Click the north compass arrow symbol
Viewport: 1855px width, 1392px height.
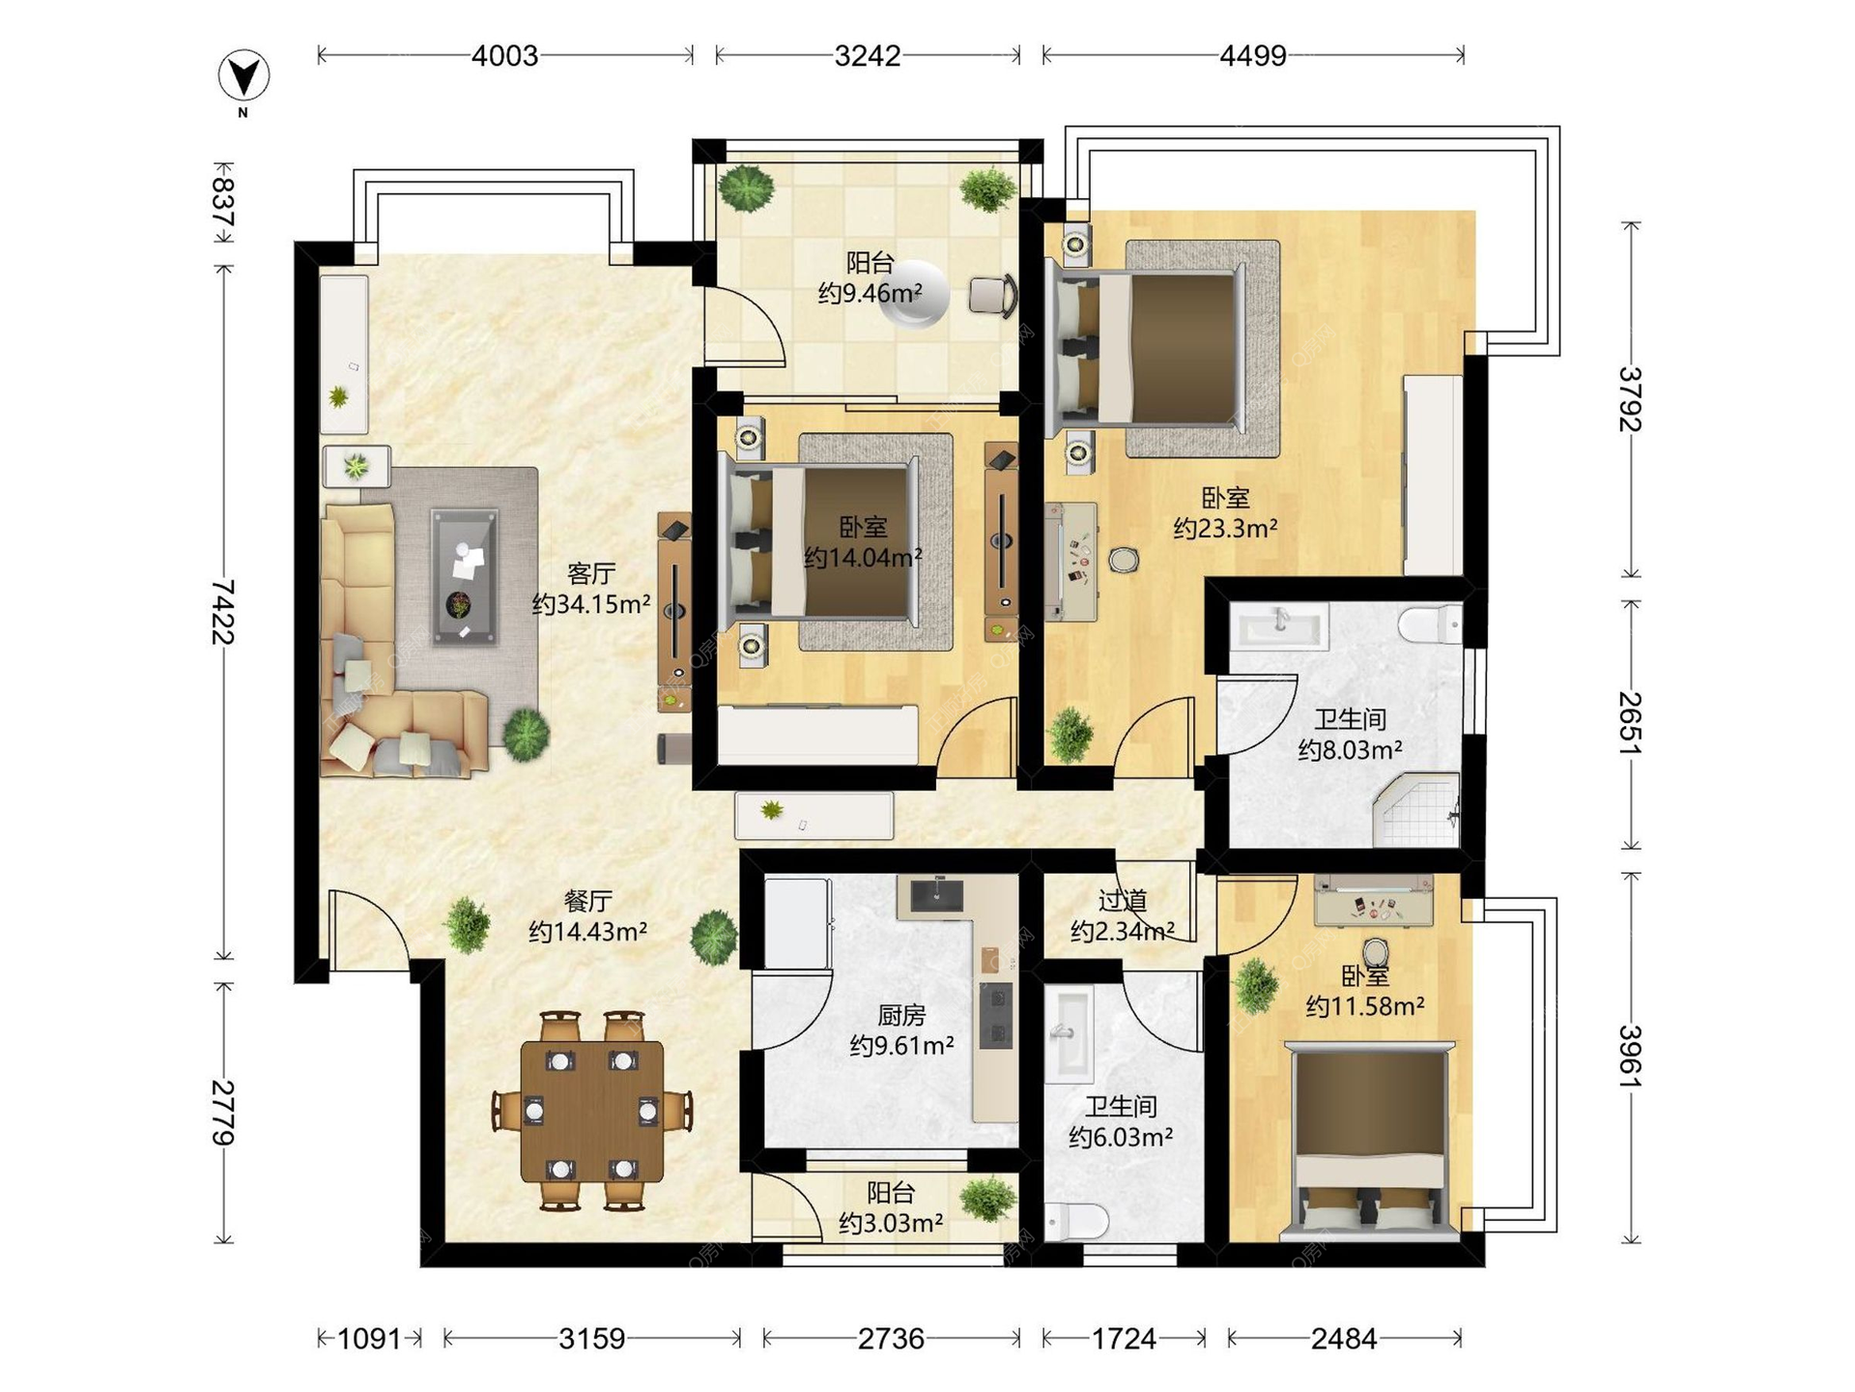click(x=243, y=76)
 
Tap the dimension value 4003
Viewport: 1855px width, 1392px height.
click(x=504, y=56)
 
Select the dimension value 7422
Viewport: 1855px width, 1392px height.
click(x=223, y=611)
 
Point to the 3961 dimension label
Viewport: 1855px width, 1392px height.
click(x=1631, y=1056)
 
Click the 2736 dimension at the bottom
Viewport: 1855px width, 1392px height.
click(x=891, y=1339)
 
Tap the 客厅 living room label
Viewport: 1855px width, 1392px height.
click(x=591, y=573)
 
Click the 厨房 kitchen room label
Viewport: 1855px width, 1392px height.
click(x=901, y=1015)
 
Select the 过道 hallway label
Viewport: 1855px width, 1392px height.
click(x=1123, y=901)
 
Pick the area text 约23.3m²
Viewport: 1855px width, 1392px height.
click(x=1225, y=528)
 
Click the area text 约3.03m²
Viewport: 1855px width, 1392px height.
click(x=891, y=1223)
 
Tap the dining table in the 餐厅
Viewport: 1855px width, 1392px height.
click(x=592, y=1112)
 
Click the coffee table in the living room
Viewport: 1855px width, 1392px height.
click(x=465, y=577)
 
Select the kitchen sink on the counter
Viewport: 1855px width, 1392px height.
click(x=936, y=894)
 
